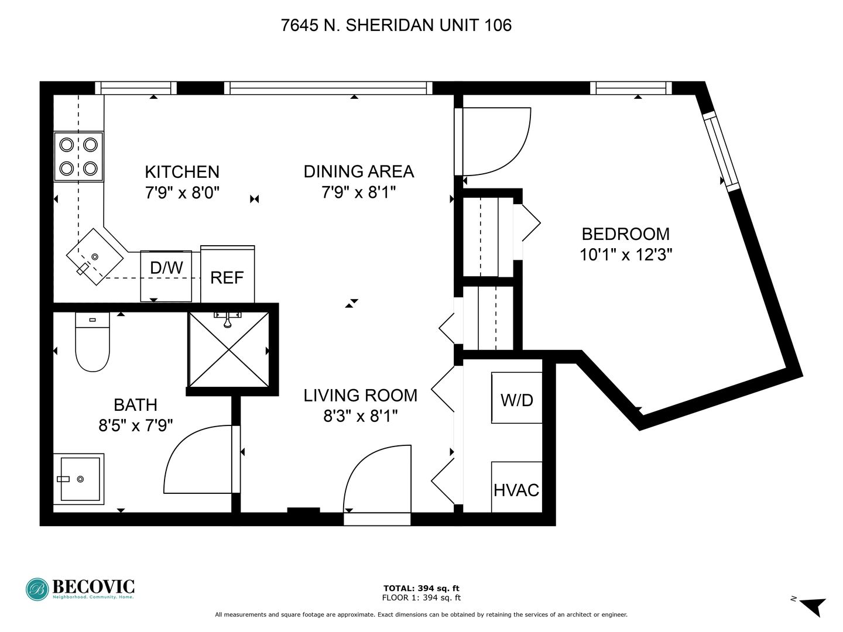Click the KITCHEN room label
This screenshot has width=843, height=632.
point(182,172)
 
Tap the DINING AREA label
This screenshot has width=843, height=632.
point(359,171)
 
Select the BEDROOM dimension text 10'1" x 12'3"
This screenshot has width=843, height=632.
point(626,255)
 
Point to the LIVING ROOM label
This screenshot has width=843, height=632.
point(360,396)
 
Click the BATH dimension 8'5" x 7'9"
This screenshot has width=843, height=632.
point(136,425)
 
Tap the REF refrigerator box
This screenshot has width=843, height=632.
point(227,274)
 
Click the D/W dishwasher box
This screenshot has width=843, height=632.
point(166,276)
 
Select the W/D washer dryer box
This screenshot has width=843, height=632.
point(516,398)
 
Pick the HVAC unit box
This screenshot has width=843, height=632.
point(516,486)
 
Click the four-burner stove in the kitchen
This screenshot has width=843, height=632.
point(78,156)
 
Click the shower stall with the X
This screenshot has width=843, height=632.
point(229,349)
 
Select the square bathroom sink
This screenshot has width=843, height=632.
point(78,479)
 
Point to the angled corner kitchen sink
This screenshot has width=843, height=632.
point(95,257)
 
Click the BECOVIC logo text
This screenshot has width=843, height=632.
point(93,587)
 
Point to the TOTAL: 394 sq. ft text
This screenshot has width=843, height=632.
point(421,588)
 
